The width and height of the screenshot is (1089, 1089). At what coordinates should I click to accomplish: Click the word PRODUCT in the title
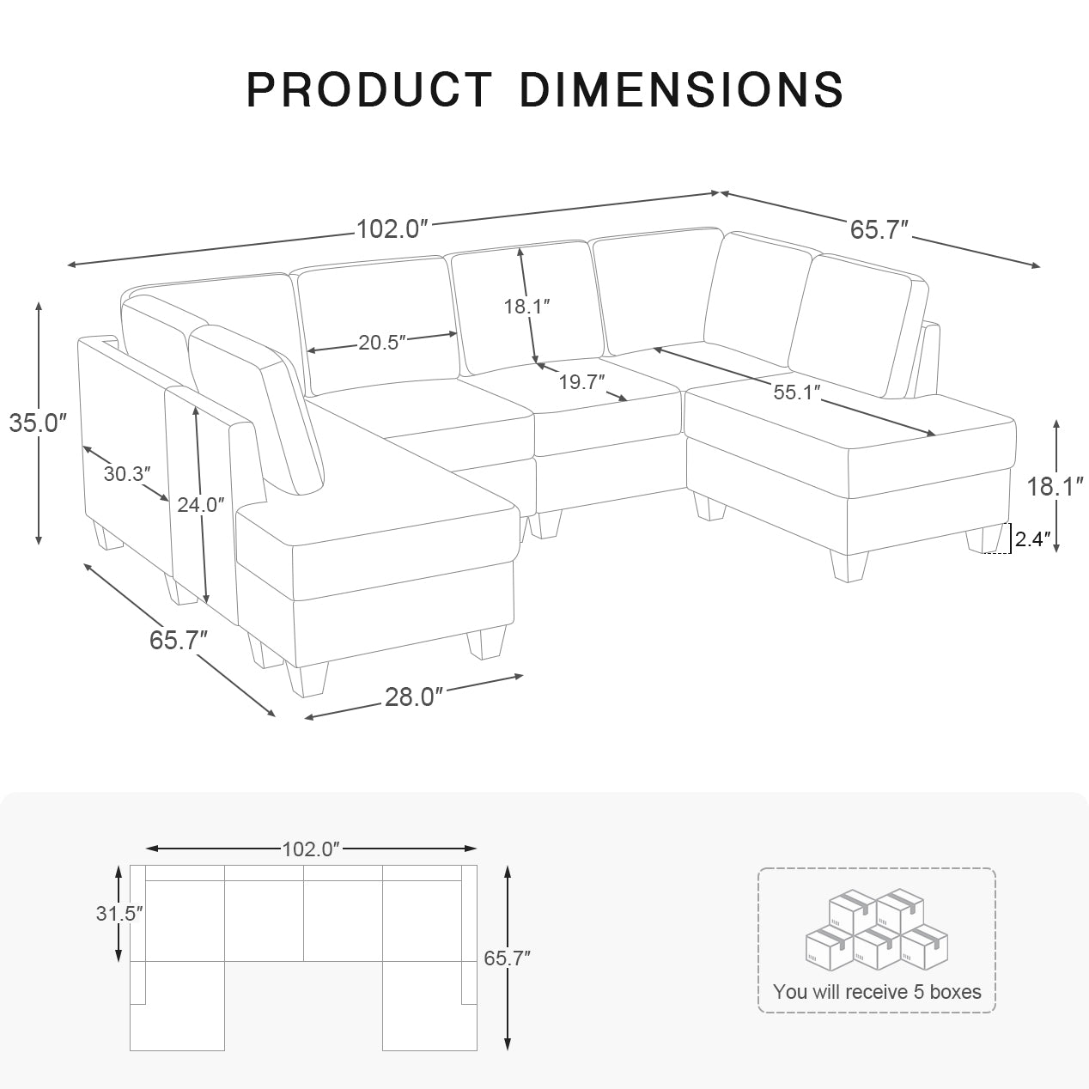pyautogui.click(x=369, y=89)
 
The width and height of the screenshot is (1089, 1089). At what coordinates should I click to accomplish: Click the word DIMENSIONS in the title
pyautogui.click(x=681, y=89)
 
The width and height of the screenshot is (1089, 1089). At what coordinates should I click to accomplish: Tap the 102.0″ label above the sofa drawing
pyautogui.click(x=392, y=229)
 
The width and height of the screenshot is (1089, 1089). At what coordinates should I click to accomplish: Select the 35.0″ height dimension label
pyautogui.click(x=38, y=423)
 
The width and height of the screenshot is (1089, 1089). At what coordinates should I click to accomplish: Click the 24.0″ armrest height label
pyautogui.click(x=201, y=505)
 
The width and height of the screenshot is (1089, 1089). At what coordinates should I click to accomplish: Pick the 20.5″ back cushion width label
pyautogui.click(x=382, y=343)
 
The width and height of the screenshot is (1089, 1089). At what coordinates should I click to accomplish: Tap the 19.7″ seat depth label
pyautogui.click(x=582, y=382)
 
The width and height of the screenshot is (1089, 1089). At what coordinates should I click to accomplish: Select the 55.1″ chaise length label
pyautogui.click(x=796, y=392)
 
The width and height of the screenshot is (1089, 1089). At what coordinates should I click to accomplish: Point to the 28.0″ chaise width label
pyautogui.click(x=414, y=697)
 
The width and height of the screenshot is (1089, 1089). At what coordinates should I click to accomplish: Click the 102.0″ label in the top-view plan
pyautogui.click(x=312, y=849)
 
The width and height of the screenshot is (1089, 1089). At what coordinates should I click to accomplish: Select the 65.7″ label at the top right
pyautogui.click(x=879, y=229)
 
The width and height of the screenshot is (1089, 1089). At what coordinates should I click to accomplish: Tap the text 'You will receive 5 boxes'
pyautogui.click(x=876, y=992)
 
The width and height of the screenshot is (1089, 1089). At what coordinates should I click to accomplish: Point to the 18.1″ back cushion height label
pyautogui.click(x=526, y=306)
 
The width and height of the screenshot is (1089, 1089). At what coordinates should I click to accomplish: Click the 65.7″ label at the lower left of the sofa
pyautogui.click(x=179, y=640)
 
